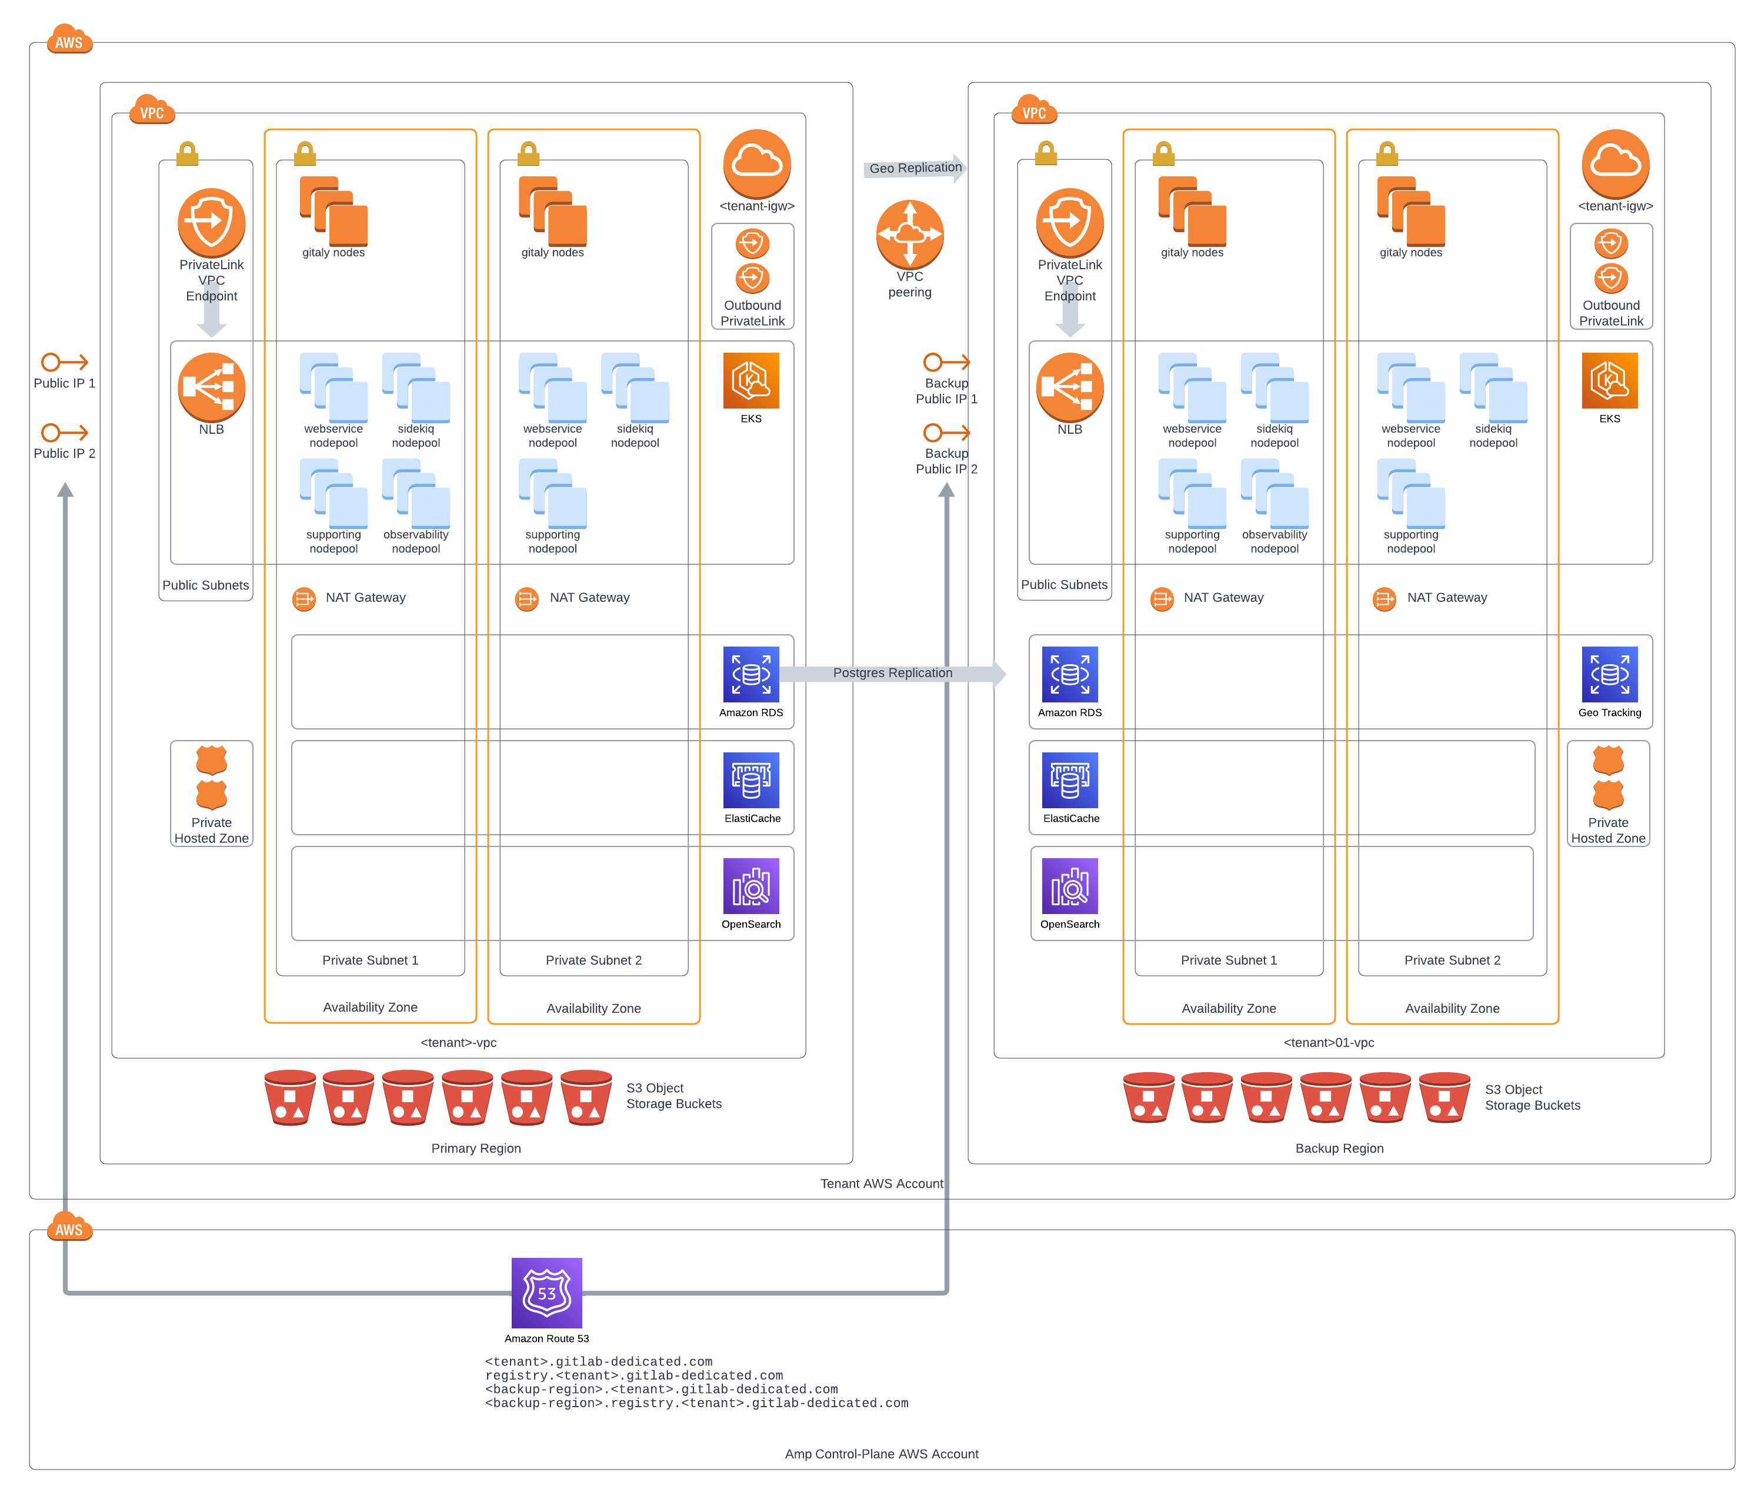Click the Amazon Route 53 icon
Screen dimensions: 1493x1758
click(x=546, y=1293)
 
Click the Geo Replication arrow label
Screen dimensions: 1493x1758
click(x=915, y=168)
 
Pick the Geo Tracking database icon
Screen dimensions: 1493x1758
click(x=1609, y=675)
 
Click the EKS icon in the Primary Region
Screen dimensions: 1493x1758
click(x=751, y=381)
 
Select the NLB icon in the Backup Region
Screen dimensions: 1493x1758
click(x=1069, y=387)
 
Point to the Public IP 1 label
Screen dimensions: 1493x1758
click(x=64, y=383)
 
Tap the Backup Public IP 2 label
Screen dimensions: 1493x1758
click(x=946, y=461)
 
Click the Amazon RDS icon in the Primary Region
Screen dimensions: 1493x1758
click(x=751, y=675)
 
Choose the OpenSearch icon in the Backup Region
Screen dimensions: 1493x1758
click(x=1069, y=886)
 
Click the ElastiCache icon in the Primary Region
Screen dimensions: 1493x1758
click(x=751, y=781)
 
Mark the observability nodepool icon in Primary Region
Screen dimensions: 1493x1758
click(x=416, y=493)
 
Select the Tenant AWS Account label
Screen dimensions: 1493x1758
click(x=880, y=1183)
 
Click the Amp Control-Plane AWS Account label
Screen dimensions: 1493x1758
click(x=880, y=1453)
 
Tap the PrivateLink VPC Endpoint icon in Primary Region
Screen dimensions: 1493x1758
click(x=211, y=223)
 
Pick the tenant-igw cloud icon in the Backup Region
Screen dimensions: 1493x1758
click(x=1615, y=163)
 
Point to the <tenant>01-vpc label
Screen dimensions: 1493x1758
click(x=1328, y=1042)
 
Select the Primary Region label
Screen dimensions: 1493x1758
click(x=476, y=1148)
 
